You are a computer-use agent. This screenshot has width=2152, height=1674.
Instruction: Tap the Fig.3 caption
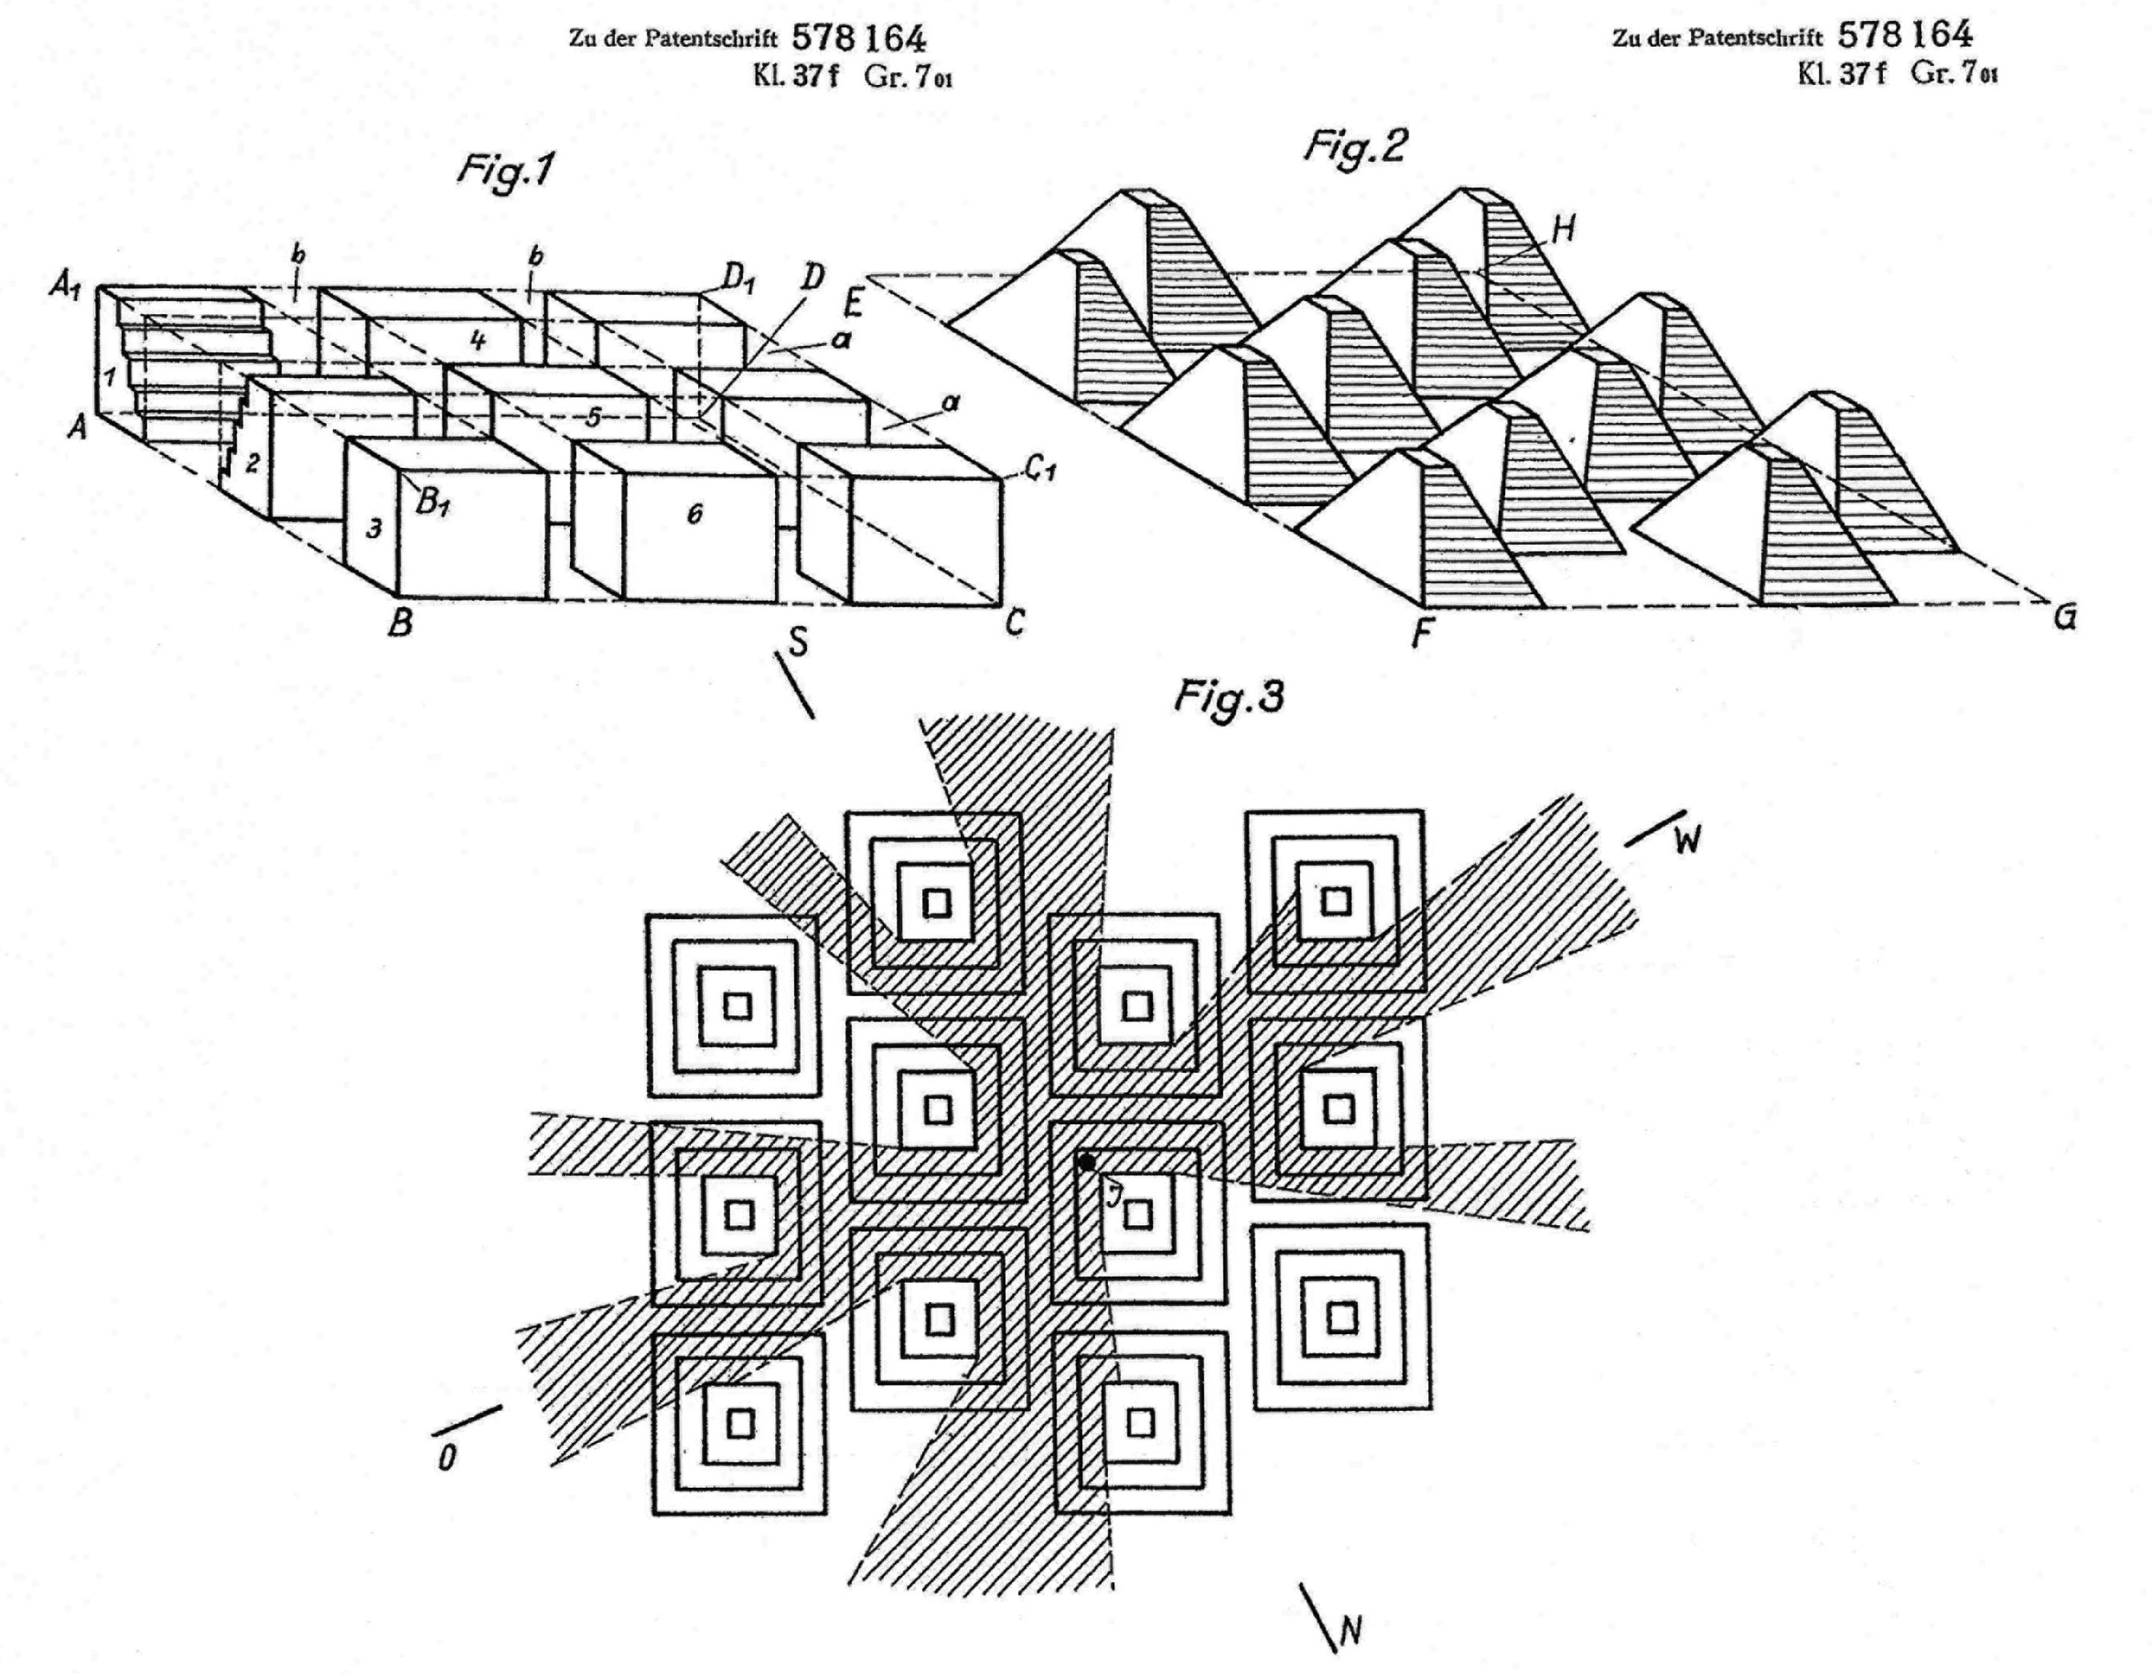pos(1230,697)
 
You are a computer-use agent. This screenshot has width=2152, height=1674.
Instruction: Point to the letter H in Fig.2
pos(1562,229)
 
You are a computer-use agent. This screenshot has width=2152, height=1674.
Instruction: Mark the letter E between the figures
pos(853,303)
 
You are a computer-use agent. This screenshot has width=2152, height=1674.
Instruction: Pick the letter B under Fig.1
pos(400,623)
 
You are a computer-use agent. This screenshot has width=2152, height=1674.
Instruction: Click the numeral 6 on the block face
pos(695,513)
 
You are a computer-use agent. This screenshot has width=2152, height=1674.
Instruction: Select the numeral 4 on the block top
pos(478,341)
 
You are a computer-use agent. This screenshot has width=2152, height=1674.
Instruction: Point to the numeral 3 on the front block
pos(374,529)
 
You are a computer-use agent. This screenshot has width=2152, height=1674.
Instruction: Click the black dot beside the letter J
pos(1086,1163)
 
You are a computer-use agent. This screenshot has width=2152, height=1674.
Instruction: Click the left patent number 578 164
pos(859,38)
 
